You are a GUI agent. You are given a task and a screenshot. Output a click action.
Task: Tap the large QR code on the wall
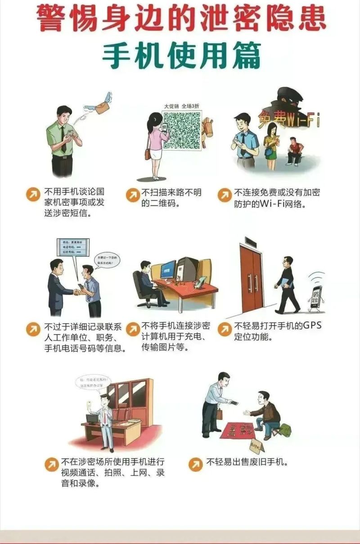181,130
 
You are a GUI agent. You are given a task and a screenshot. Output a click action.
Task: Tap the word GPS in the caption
310,325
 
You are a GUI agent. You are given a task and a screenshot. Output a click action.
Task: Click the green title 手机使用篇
181,56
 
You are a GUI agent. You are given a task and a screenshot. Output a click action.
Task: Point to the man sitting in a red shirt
295,151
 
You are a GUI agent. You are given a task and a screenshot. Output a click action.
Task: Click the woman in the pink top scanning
155,144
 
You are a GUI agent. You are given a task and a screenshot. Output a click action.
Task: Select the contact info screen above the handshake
72,248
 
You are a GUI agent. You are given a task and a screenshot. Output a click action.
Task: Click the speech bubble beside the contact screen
107,260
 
